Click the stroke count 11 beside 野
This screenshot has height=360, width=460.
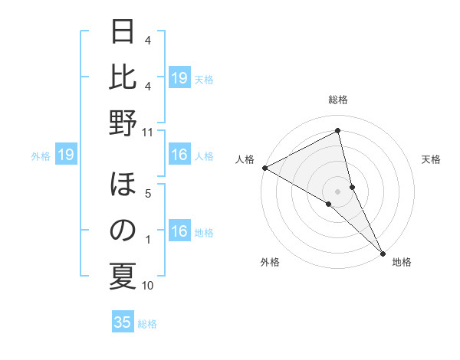pos(148,132)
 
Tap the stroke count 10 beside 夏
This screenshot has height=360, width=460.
pos(148,286)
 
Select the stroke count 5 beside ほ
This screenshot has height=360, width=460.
pos(148,194)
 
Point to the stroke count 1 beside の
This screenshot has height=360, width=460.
pos(148,241)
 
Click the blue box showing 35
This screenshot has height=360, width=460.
pos(123,322)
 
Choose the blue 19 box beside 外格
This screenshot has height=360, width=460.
pos(66,155)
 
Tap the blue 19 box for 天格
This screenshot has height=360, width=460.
pos(179,78)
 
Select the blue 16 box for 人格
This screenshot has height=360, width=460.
pos(179,155)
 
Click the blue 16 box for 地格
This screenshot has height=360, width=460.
pos(179,232)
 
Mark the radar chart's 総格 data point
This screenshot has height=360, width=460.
pos(338,131)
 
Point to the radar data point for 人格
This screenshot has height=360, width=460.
pos(264,167)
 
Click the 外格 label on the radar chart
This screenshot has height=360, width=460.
pos(270,263)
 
